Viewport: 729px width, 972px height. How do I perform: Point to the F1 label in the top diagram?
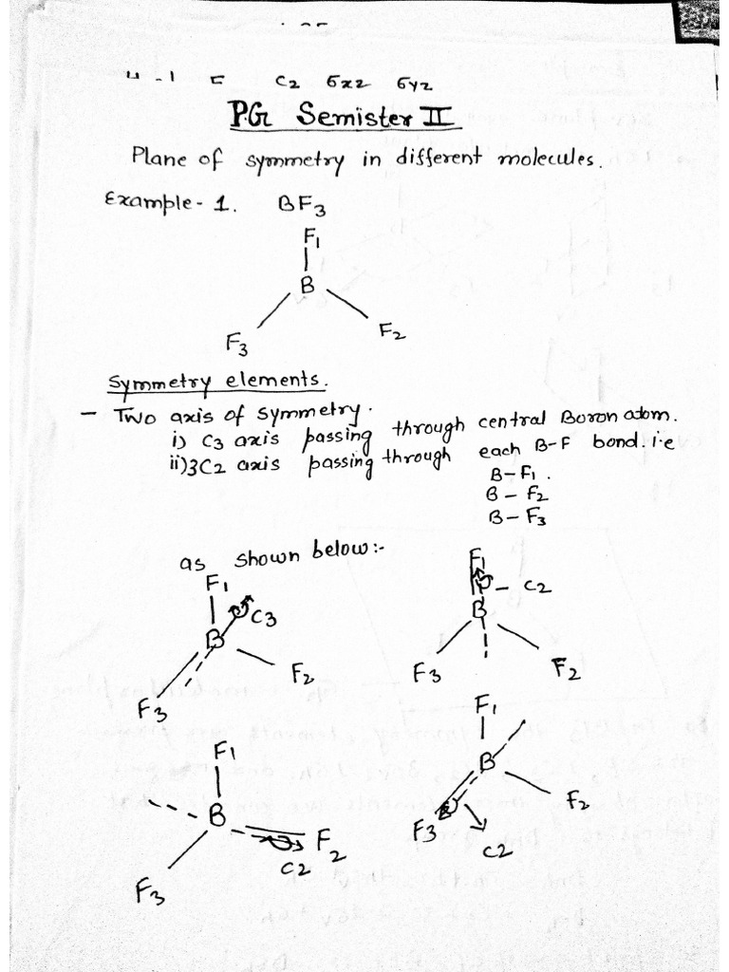click(x=311, y=234)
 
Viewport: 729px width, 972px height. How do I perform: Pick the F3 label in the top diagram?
click(x=237, y=342)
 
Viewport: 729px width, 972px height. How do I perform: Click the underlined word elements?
click(x=281, y=380)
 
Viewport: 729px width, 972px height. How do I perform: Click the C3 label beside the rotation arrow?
click(x=263, y=618)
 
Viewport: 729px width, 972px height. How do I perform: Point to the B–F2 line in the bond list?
click(x=517, y=495)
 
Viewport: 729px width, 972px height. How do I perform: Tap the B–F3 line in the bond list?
click(x=517, y=517)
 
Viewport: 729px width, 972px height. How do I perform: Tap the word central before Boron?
click(x=512, y=419)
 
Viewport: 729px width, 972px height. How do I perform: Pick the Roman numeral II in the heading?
click(x=443, y=119)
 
